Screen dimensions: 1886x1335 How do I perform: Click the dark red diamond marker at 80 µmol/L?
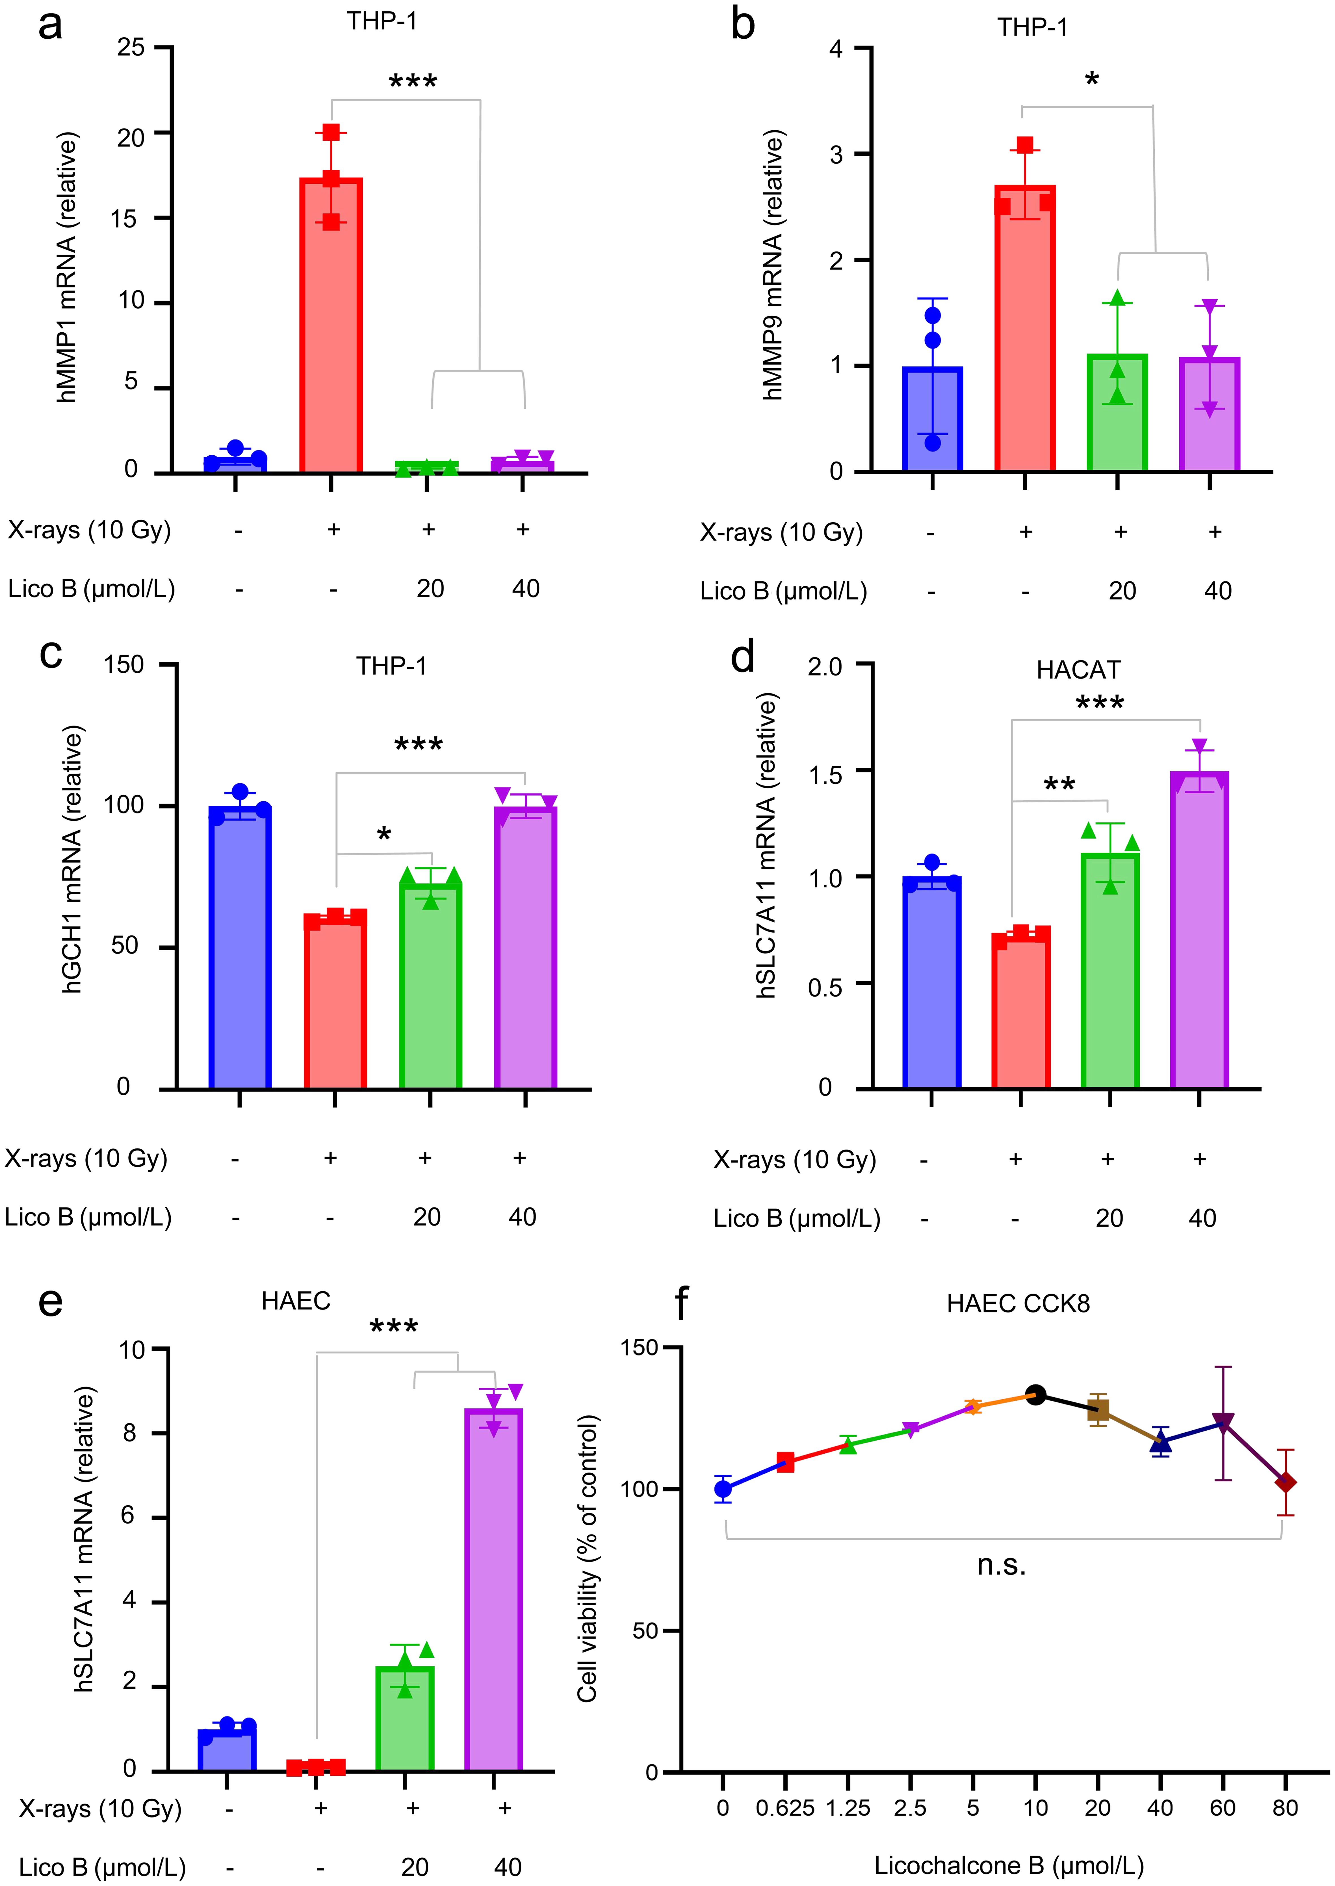click(x=1285, y=1482)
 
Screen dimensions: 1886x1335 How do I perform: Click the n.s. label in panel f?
click(x=1001, y=1565)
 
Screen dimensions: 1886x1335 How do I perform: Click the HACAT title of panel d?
click(x=1078, y=670)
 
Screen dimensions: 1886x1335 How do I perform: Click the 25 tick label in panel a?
click(x=131, y=48)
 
